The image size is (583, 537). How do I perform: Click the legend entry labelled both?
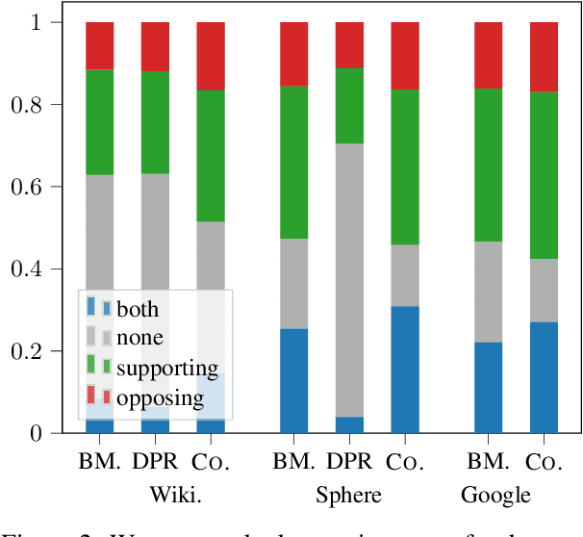[137, 309]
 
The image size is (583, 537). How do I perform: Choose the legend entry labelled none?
[139, 338]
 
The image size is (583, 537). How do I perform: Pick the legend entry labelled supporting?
[167, 368]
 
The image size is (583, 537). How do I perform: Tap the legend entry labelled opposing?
[160, 397]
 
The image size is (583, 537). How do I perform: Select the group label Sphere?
[349, 495]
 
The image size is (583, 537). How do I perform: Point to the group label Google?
[495, 495]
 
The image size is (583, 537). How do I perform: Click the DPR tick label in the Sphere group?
[349, 462]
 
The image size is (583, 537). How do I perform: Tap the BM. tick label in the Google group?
[495, 462]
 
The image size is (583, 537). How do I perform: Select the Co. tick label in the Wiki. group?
[211, 462]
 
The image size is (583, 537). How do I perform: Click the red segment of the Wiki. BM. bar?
[100, 45]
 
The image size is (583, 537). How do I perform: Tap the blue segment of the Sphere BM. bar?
[294, 381]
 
